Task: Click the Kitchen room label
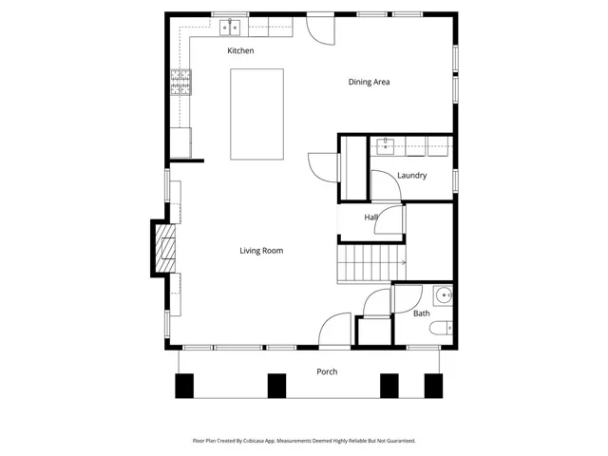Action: point(240,50)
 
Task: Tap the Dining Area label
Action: point(369,82)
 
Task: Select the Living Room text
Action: point(261,251)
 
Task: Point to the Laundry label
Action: point(411,176)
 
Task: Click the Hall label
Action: point(370,218)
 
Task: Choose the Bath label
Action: point(421,313)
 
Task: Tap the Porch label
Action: point(327,371)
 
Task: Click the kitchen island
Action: point(257,114)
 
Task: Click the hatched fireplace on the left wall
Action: point(165,248)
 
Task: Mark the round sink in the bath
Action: point(442,294)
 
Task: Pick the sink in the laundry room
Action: point(387,145)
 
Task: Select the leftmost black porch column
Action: point(184,385)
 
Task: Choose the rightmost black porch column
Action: point(433,385)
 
